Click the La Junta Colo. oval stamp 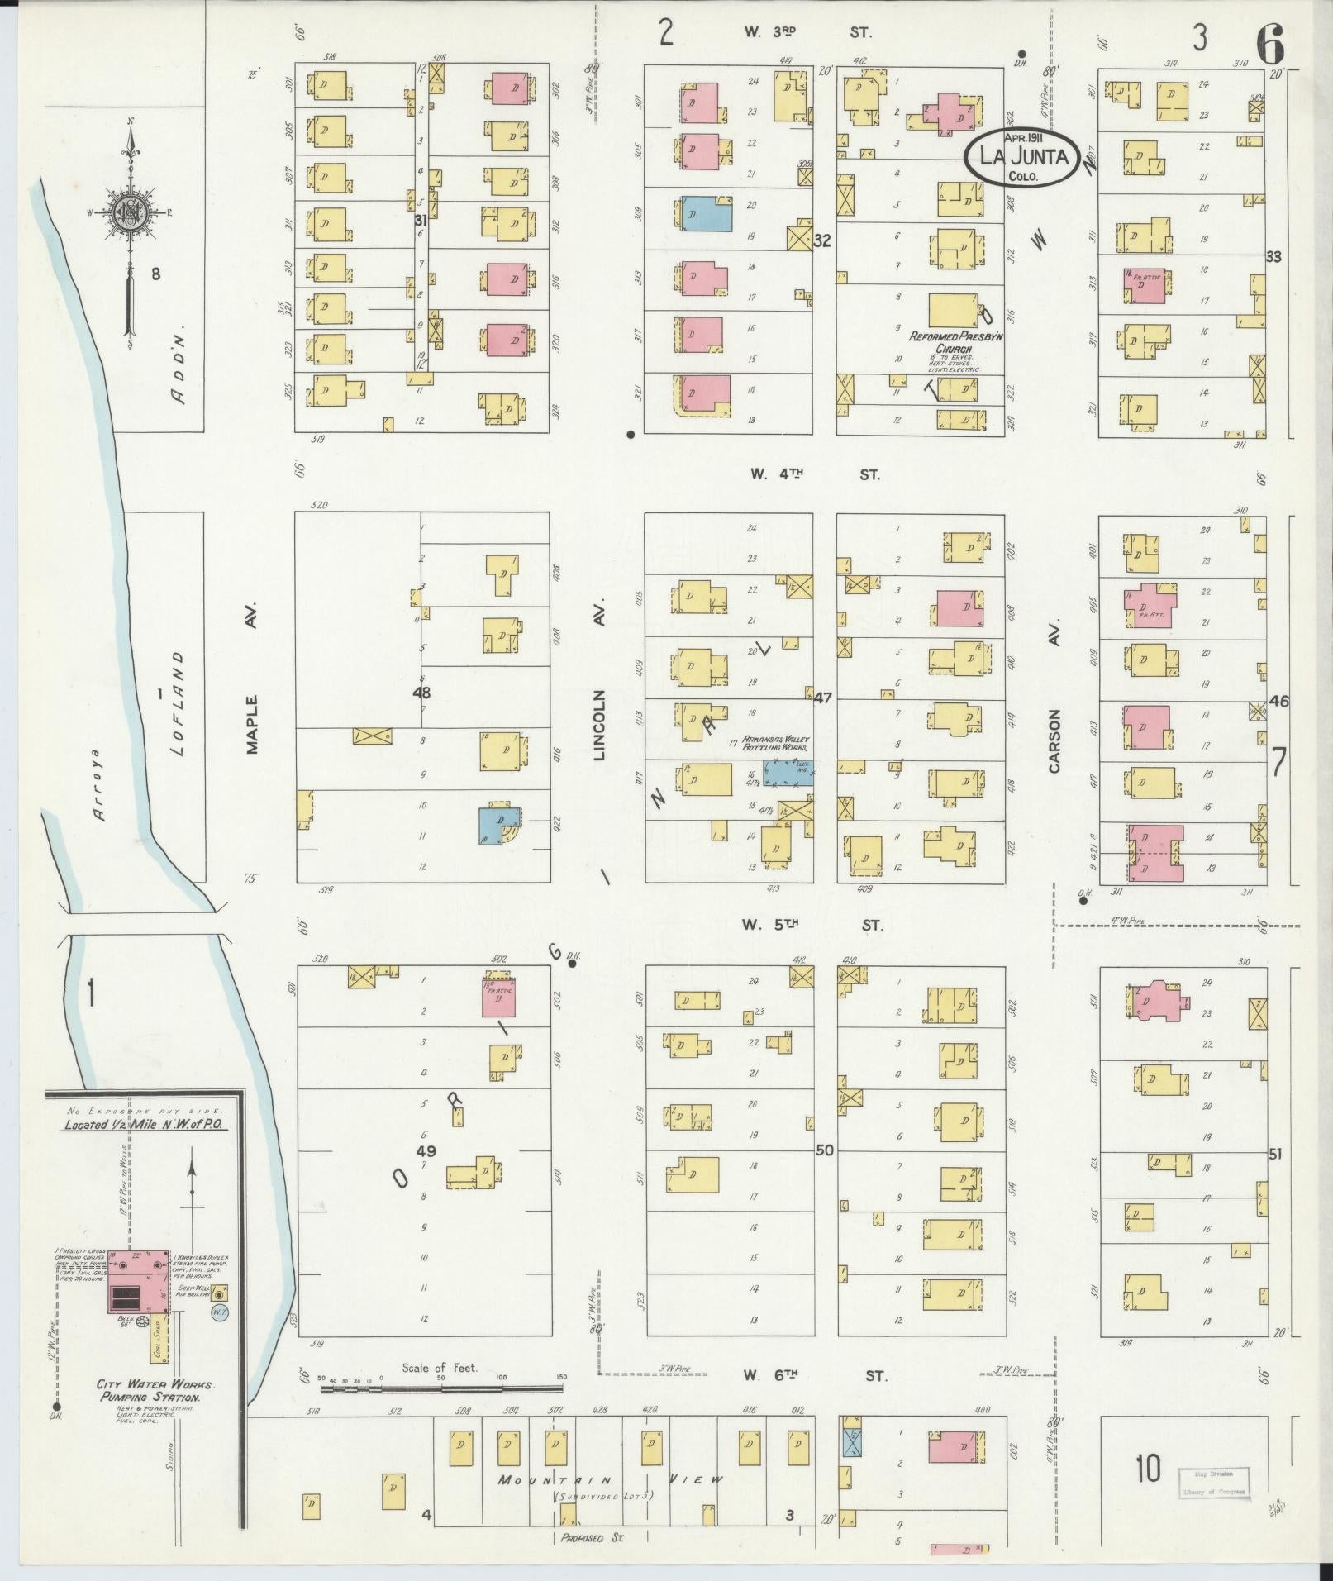[1022, 156]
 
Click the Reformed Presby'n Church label [944, 342]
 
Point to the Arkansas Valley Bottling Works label [776, 742]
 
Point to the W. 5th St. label [813, 925]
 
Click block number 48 [422, 692]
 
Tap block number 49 [426, 1150]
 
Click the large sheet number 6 [1270, 43]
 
